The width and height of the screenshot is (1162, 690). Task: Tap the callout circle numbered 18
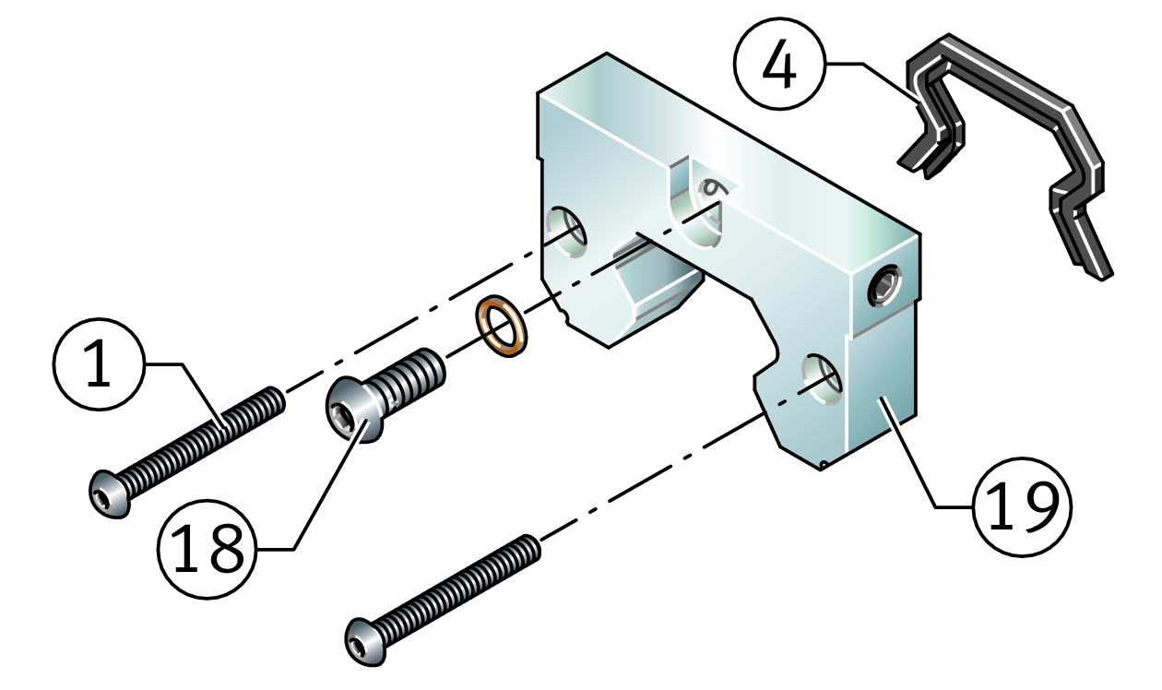pyautogui.click(x=205, y=549)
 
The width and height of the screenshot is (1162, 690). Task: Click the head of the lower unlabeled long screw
pyautogui.click(x=365, y=640)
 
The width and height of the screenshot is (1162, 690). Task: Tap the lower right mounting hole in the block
pyautogui.click(x=822, y=374)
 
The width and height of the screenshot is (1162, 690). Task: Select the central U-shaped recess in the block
pyautogui.click(x=699, y=212)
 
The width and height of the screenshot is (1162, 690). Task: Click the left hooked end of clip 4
pyautogui.click(x=922, y=157)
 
